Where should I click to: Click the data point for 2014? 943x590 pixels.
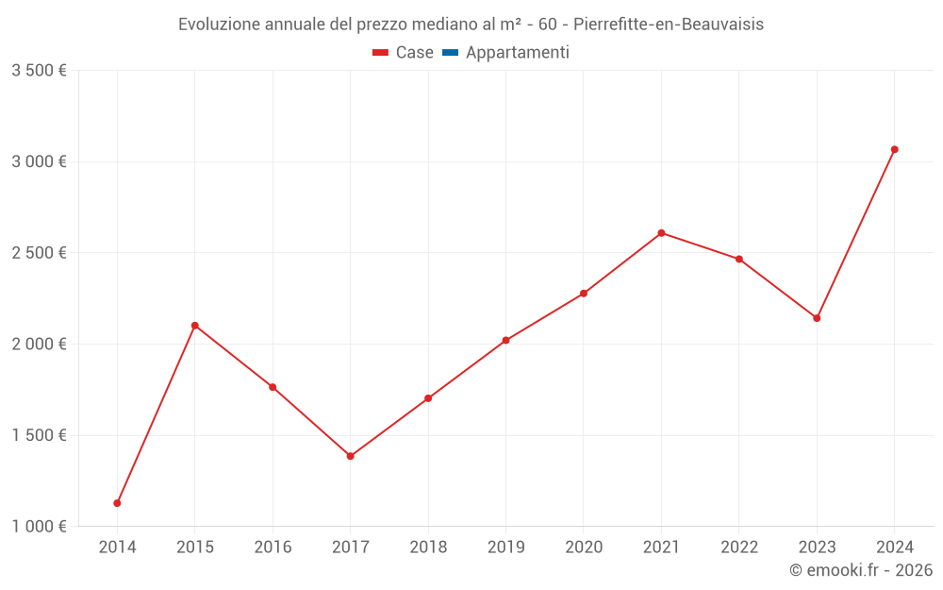point(117,503)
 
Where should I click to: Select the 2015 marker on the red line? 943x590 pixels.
point(195,326)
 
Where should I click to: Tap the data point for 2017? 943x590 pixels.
point(351,456)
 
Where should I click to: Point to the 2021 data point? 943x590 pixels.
point(661,233)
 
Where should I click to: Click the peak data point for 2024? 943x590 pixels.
point(895,149)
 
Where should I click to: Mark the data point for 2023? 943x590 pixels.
point(817,318)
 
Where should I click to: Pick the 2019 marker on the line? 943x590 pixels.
point(506,340)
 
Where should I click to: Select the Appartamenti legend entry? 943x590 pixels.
point(517,53)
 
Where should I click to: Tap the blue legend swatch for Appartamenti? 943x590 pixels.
point(450,53)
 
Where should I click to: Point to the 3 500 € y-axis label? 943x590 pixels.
point(39,71)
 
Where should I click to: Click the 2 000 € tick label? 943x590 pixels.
point(39,345)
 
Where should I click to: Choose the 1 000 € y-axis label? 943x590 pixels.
point(39,527)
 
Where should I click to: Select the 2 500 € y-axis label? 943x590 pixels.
point(39,253)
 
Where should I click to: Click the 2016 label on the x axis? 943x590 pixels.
point(273,548)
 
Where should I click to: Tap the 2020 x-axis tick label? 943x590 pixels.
point(584,548)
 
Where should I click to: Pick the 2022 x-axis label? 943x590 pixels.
point(739,548)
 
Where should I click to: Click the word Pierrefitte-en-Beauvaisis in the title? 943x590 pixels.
point(669,25)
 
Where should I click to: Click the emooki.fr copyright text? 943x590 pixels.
point(861,570)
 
